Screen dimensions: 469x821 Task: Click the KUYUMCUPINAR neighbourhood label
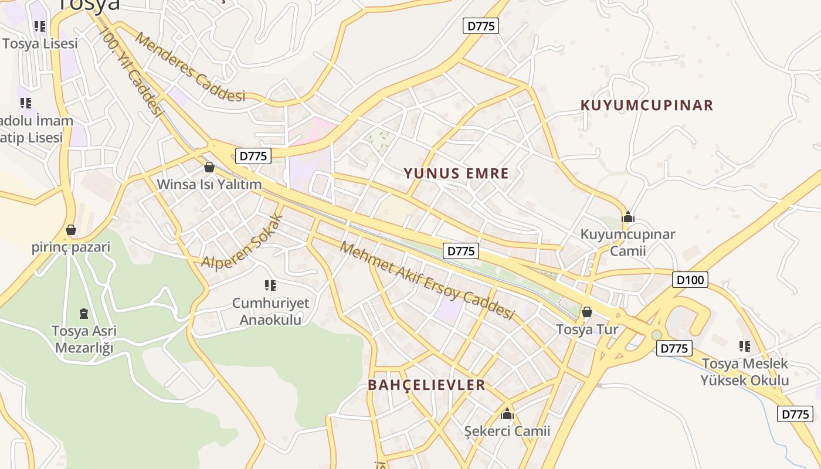pos(646,106)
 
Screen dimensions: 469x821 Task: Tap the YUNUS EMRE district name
pos(456,174)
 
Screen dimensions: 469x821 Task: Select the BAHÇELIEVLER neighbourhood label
pos(426,385)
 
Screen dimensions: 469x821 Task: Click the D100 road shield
pos(690,280)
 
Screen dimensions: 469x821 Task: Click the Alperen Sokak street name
pos(242,242)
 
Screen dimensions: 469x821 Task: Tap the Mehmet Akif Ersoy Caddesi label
pos(427,281)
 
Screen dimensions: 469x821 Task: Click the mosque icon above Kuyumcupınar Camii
pos(628,217)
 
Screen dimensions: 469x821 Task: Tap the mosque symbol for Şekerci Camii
pos(507,414)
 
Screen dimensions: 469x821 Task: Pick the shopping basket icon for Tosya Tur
pos(586,312)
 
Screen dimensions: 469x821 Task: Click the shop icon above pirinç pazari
pos(71,229)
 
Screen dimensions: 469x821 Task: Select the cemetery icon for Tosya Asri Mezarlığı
pos(84,313)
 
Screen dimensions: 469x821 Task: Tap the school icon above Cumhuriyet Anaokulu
pos(270,286)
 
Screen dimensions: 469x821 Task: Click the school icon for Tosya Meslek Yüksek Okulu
pos(745,346)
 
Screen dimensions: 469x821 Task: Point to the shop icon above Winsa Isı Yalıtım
pos(209,167)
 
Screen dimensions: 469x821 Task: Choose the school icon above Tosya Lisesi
pos(39,26)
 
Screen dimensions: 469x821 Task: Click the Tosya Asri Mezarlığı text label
pos(84,339)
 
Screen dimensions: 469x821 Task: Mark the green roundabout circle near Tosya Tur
pos(657,335)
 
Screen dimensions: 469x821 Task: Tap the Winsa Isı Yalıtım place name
pos(209,185)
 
